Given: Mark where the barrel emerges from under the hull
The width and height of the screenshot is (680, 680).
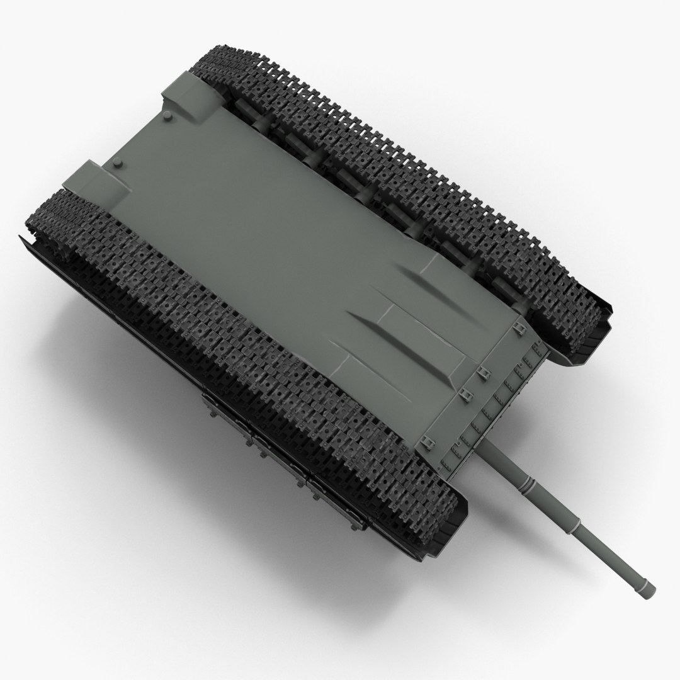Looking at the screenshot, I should click(487, 448).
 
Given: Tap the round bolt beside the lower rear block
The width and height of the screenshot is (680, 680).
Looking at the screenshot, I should click(118, 165).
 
